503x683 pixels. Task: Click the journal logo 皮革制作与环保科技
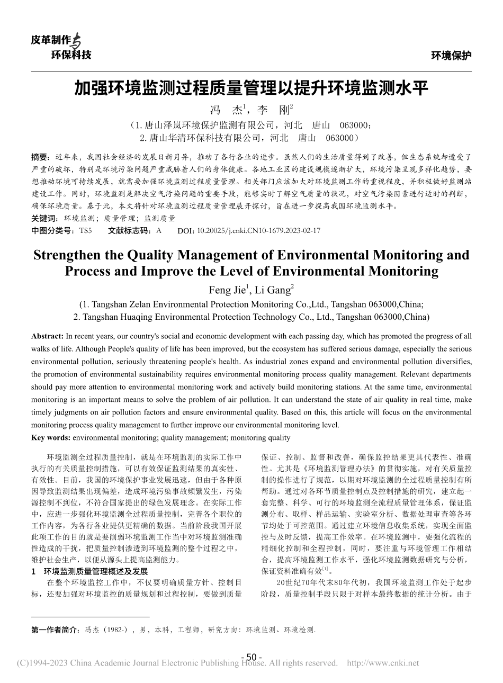[x=60, y=47]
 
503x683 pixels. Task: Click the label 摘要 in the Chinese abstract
[x=39, y=157]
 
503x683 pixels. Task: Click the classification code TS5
[x=85, y=231]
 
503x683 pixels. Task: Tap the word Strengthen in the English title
[x=67, y=255]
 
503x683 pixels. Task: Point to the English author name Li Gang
[x=274, y=289]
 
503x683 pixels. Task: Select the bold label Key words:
[x=51, y=438]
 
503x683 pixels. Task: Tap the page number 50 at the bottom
[x=251, y=657]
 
